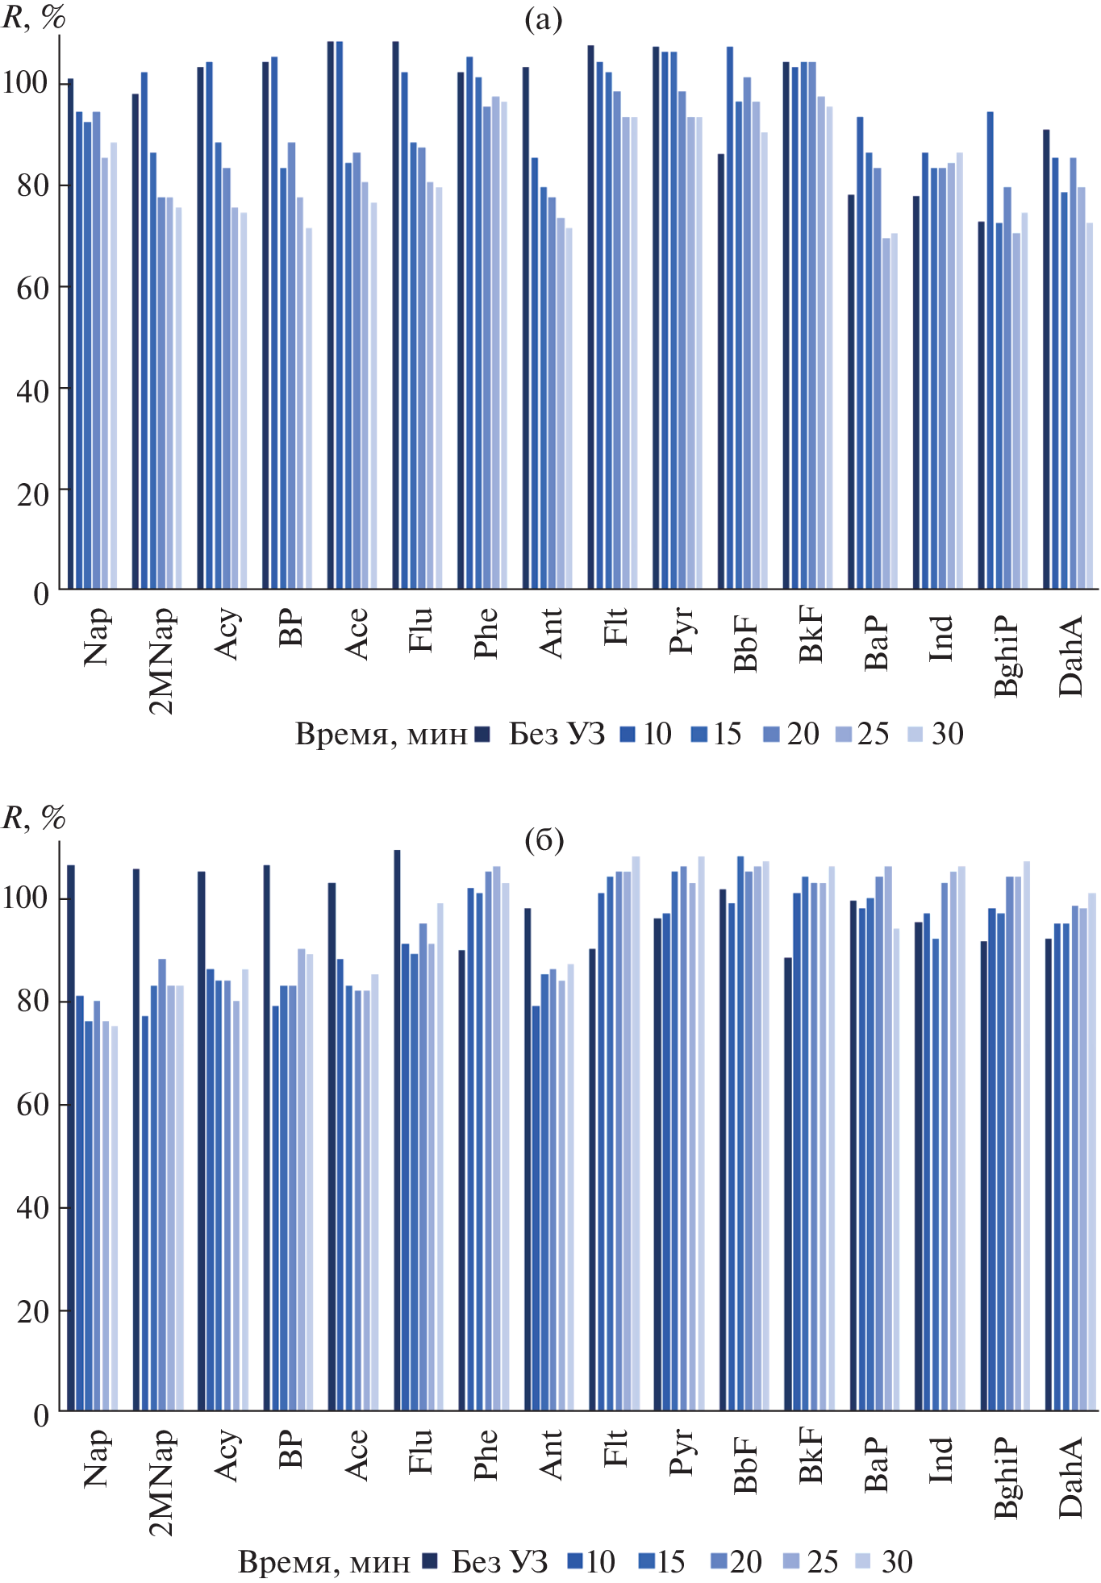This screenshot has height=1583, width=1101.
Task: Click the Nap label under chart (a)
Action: point(97,637)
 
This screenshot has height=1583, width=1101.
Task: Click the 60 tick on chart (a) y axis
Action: point(32,288)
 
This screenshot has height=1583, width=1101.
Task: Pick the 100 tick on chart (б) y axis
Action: point(26,898)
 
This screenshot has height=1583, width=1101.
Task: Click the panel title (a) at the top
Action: point(543,20)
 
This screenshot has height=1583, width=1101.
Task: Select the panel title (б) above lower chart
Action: point(544,841)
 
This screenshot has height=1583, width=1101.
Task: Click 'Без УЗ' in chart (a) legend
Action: point(557,734)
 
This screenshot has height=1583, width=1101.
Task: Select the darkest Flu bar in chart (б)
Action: point(397,1130)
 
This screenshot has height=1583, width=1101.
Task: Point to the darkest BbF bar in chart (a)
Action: point(721,371)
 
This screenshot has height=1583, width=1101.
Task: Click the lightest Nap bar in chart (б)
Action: point(115,1218)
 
